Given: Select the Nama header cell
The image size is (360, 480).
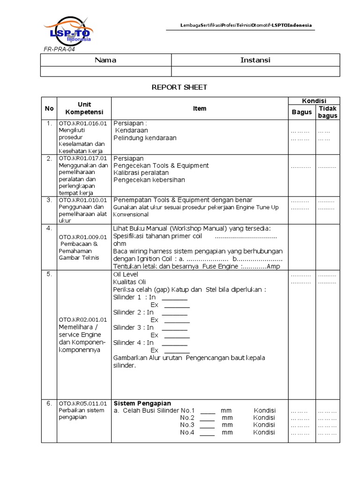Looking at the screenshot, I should (105, 60).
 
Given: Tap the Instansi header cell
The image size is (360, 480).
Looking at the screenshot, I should (255, 60).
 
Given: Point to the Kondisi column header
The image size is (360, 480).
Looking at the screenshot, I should (314, 101).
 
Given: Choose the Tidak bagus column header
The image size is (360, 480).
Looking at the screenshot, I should (328, 112).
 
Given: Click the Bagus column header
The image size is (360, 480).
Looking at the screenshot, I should (301, 112).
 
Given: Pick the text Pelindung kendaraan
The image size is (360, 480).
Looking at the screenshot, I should (145, 138).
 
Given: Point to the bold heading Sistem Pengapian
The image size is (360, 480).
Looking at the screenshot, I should (142, 403).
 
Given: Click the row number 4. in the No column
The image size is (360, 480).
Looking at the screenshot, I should (49, 228).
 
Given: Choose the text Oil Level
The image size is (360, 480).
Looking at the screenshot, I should (127, 274).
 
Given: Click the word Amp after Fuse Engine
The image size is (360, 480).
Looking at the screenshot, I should (274, 266).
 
